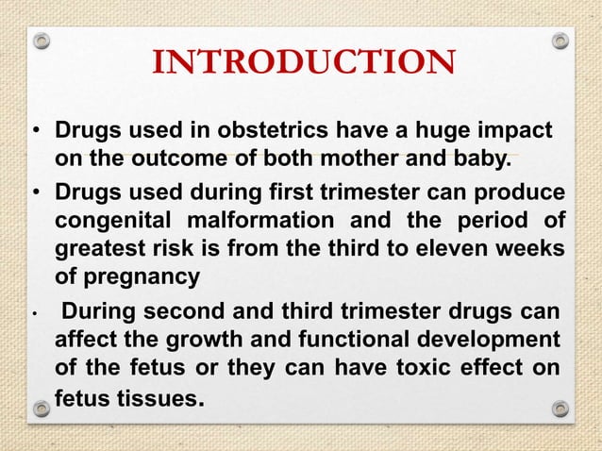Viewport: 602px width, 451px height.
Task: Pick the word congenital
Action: pyautogui.click(x=106, y=224)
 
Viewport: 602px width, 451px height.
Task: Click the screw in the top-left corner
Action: pyautogui.click(x=41, y=42)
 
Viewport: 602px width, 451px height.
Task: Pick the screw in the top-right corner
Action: pyautogui.click(x=560, y=42)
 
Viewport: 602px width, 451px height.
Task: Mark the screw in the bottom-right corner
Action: pyautogui.click(x=560, y=409)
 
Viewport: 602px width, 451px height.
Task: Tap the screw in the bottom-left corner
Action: pyautogui.click(x=41, y=409)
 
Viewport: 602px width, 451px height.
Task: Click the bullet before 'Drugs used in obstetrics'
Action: pyautogui.click(x=34, y=129)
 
